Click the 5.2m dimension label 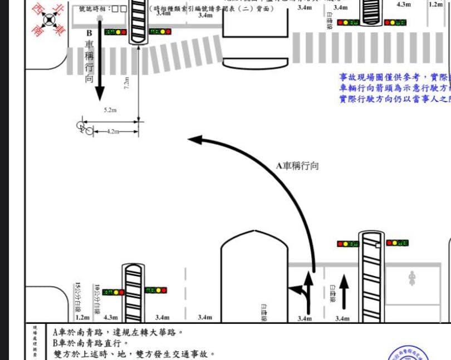[x=110, y=110]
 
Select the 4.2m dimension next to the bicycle [x=113, y=132]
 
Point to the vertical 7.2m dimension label [x=127, y=83]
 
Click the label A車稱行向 [x=297, y=166]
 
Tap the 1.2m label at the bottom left [x=82, y=318]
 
